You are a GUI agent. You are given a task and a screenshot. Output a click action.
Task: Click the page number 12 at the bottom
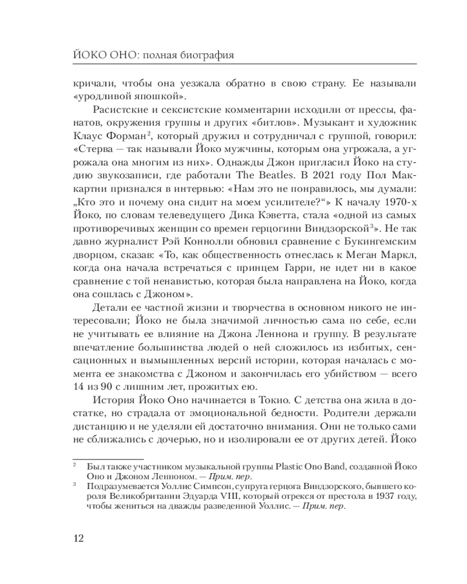pyautogui.click(x=78, y=538)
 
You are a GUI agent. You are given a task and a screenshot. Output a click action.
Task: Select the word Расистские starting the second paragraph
pyautogui.click(x=120, y=111)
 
